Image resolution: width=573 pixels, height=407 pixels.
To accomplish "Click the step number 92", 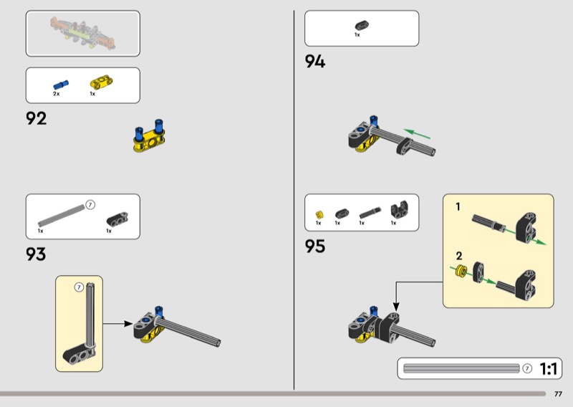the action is pos(37,118).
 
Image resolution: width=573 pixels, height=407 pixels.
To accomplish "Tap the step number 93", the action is pos(36,254).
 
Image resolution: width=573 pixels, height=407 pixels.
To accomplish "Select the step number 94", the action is pos(315,62).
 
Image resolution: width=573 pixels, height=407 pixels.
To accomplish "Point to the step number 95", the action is pos(315,246).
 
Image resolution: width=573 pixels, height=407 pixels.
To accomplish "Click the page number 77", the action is pos(558,394).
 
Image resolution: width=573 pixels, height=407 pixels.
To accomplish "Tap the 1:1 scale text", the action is pos(548,368).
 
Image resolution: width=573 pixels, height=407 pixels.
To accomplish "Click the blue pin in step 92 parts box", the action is pos(61,85).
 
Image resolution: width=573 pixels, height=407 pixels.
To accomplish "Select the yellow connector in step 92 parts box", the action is pos(101,82).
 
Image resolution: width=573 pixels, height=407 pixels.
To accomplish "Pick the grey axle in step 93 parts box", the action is pos(62,216).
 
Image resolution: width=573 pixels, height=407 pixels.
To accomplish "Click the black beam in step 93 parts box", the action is pos(117,219).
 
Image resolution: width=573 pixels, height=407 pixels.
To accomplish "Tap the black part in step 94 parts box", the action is pos(362,26).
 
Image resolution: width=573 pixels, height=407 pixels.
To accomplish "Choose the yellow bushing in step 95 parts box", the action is pos(319,215).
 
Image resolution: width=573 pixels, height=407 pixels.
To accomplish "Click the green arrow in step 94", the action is pos(417,134).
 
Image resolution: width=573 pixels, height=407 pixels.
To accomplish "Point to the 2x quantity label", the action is pos(57,94).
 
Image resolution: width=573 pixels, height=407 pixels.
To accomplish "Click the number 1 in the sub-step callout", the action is pos(458,207).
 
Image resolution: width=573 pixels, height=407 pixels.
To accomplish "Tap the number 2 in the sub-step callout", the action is pos(459,256).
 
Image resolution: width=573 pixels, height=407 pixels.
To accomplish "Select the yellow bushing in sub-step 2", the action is pos(461,271).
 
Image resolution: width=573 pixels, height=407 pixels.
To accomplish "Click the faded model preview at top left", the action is pos(83,33).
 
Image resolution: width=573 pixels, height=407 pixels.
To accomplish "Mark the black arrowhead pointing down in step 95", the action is pos(396,307).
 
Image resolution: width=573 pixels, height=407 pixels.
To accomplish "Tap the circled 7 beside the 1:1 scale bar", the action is pos(527,368).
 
